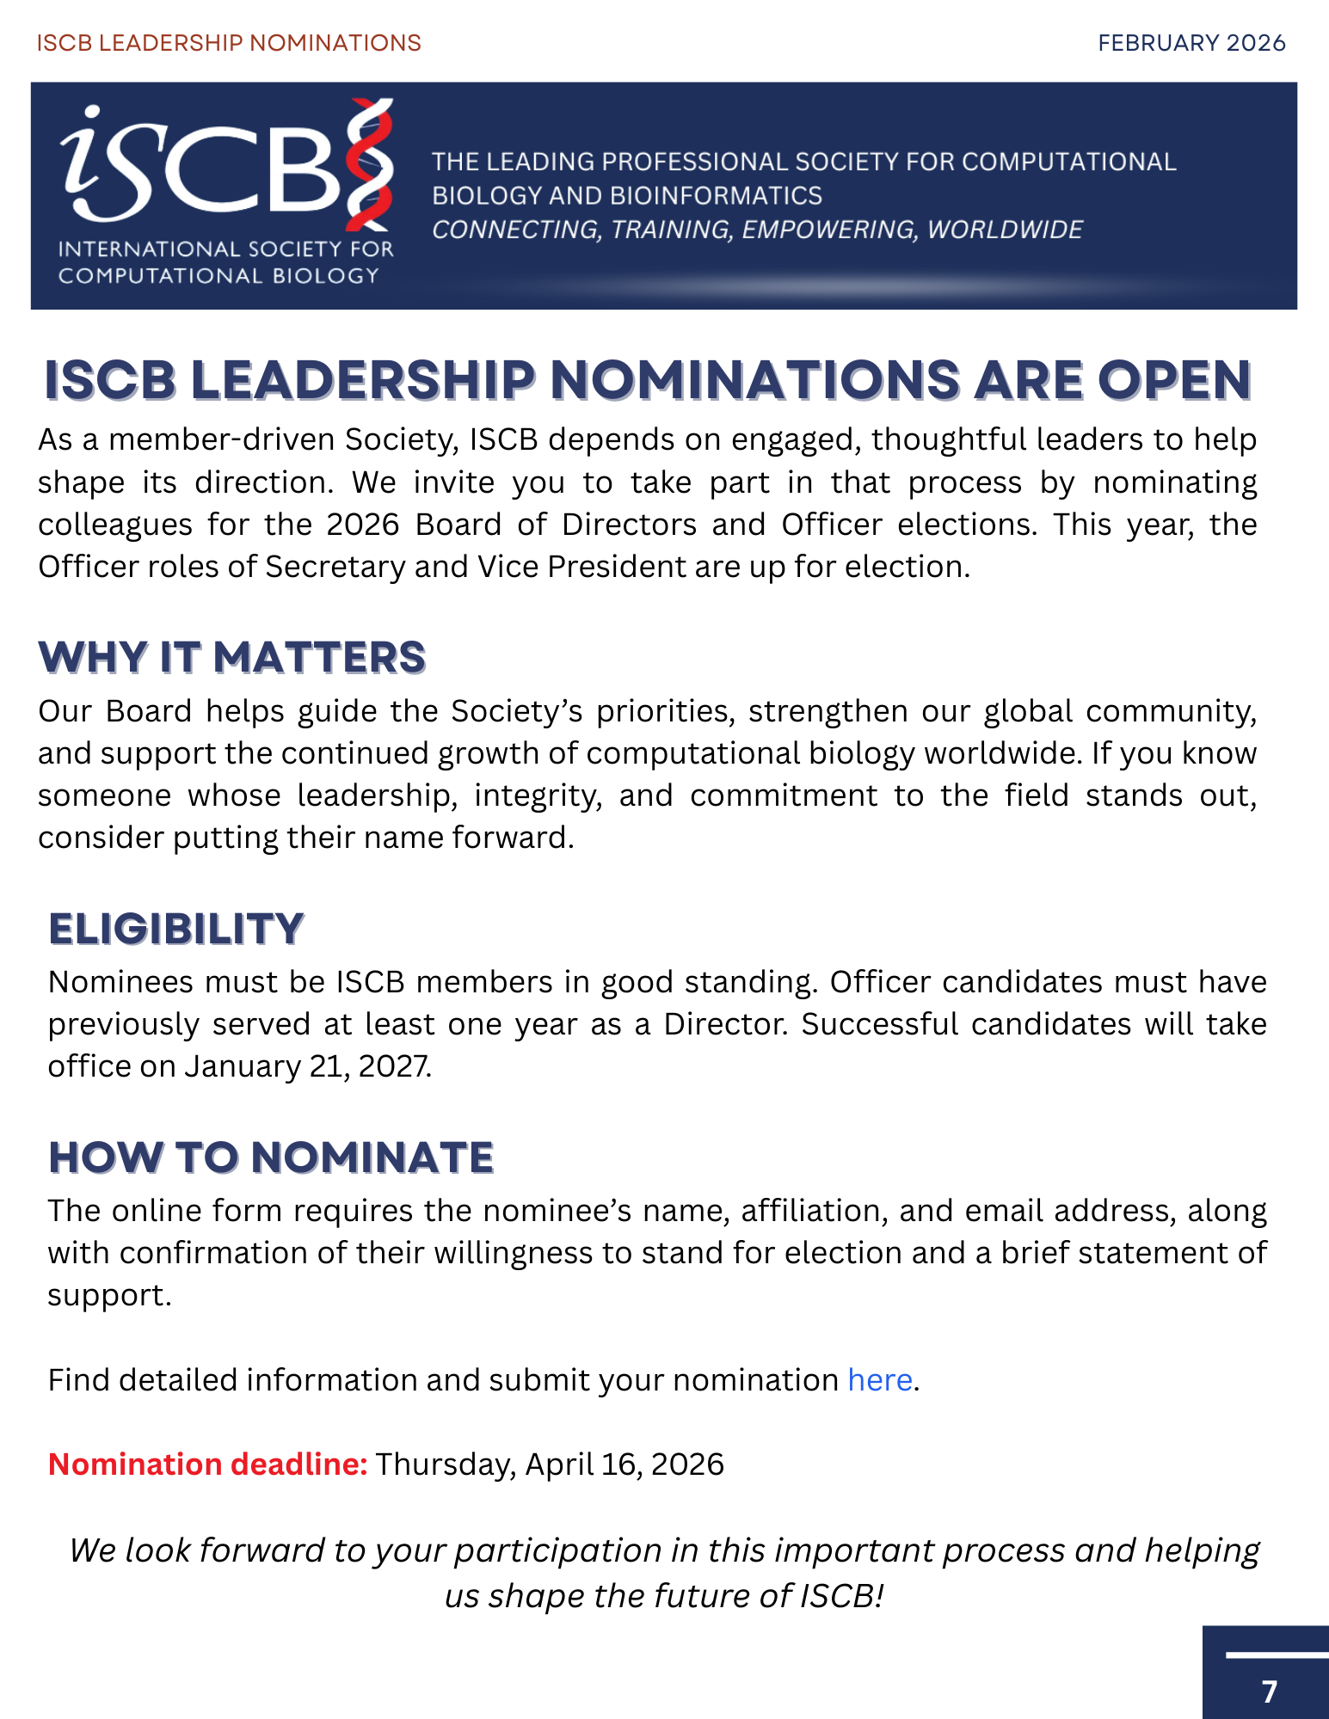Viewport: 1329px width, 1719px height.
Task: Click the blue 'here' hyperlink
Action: [x=879, y=1380]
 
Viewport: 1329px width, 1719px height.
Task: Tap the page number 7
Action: [x=1270, y=1691]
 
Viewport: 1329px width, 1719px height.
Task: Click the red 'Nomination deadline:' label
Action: [x=207, y=1464]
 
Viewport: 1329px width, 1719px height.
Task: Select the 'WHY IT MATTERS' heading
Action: [x=231, y=658]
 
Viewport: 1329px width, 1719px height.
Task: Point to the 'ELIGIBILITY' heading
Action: [x=176, y=930]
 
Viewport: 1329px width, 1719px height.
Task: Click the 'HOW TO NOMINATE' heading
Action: [x=271, y=1157]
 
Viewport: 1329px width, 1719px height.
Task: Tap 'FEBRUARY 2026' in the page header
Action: [x=1191, y=43]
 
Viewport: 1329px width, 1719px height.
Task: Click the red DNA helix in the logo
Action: [x=370, y=163]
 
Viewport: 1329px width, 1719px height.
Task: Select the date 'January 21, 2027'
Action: [x=307, y=1066]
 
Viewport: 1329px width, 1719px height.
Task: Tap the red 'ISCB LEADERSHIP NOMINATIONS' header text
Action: [x=229, y=43]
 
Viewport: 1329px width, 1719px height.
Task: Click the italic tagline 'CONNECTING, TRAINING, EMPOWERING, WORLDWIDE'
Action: [x=757, y=230]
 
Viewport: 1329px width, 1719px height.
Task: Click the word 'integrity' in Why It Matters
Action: [x=537, y=795]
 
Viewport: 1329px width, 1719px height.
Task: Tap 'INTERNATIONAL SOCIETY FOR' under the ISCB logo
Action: [x=225, y=249]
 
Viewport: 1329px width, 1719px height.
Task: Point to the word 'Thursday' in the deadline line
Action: [x=445, y=1464]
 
